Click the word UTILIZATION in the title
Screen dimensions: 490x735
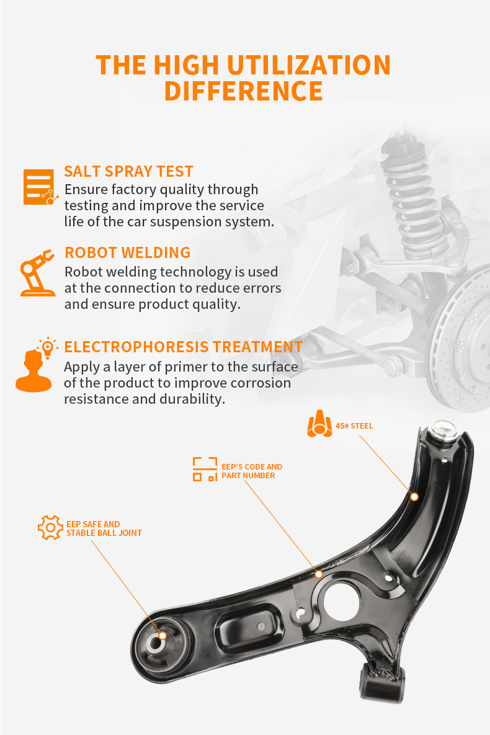tap(308, 65)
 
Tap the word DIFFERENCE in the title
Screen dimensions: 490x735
tap(243, 91)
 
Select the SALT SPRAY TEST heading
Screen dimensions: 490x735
tap(128, 172)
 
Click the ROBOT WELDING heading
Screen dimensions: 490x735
tap(128, 252)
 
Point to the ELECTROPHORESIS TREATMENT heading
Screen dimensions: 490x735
tap(184, 347)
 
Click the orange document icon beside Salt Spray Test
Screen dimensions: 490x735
tap(40, 187)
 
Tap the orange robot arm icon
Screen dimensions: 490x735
tap(37, 273)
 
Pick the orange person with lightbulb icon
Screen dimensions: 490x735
tap(35, 365)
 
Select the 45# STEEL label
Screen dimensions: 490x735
tap(355, 426)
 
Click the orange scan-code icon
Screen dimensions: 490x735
tap(205, 469)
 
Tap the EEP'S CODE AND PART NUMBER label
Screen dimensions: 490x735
tap(252, 471)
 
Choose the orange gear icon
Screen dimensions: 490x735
tap(50, 527)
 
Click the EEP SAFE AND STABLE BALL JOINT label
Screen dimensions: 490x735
tap(104, 528)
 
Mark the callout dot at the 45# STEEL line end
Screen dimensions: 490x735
tap(414, 496)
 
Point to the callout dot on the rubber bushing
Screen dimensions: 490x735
tap(163, 636)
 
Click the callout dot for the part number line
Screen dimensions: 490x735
tap(319, 574)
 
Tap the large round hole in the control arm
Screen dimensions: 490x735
tap(342, 600)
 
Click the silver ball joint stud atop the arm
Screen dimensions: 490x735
tap(443, 430)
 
